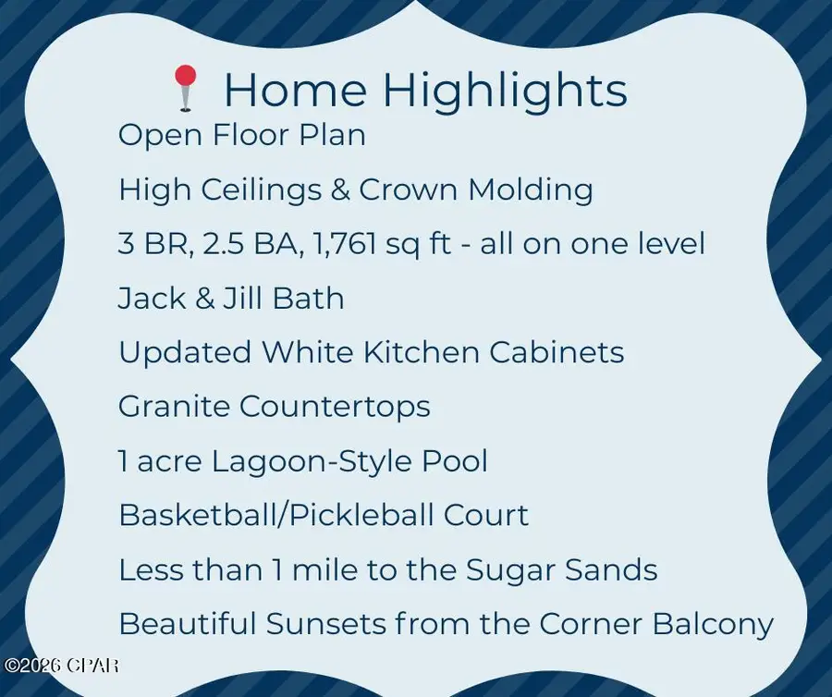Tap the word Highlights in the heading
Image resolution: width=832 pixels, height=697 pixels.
pos(505,91)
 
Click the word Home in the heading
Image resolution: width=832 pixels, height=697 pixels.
pos(296,91)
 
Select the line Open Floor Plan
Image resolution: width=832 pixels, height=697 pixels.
pos(242,136)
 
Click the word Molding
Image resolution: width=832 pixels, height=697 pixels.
pos(531,190)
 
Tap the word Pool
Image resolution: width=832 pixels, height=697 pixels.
pos(453,461)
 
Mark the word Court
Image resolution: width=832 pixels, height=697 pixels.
pos(484,515)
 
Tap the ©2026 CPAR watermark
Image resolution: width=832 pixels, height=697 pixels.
pos(61,665)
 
